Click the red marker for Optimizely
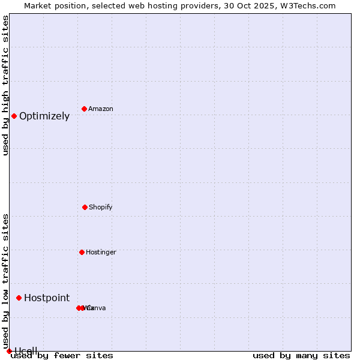[x=14, y=116]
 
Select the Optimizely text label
[x=44, y=116]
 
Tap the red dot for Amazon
[x=84, y=109]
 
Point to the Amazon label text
[x=101, y=109]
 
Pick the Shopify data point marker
[x=85, y=207]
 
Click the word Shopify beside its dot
[x=101, y=208]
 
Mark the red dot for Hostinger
[x=82, y=252]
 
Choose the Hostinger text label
[x=101, y=253]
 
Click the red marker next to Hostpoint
[x=19, y=298]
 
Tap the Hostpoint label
[x=47, y=298]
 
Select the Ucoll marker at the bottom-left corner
[x=9, y=351]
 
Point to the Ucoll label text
[x=26, y=351]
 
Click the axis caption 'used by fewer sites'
[x=62, y=356]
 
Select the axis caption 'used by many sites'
[x=301, y=356]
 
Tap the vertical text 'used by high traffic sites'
[x=5, y=85]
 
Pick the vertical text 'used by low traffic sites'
[x=5, y=281]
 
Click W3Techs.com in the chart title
[x=311, y=5]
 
